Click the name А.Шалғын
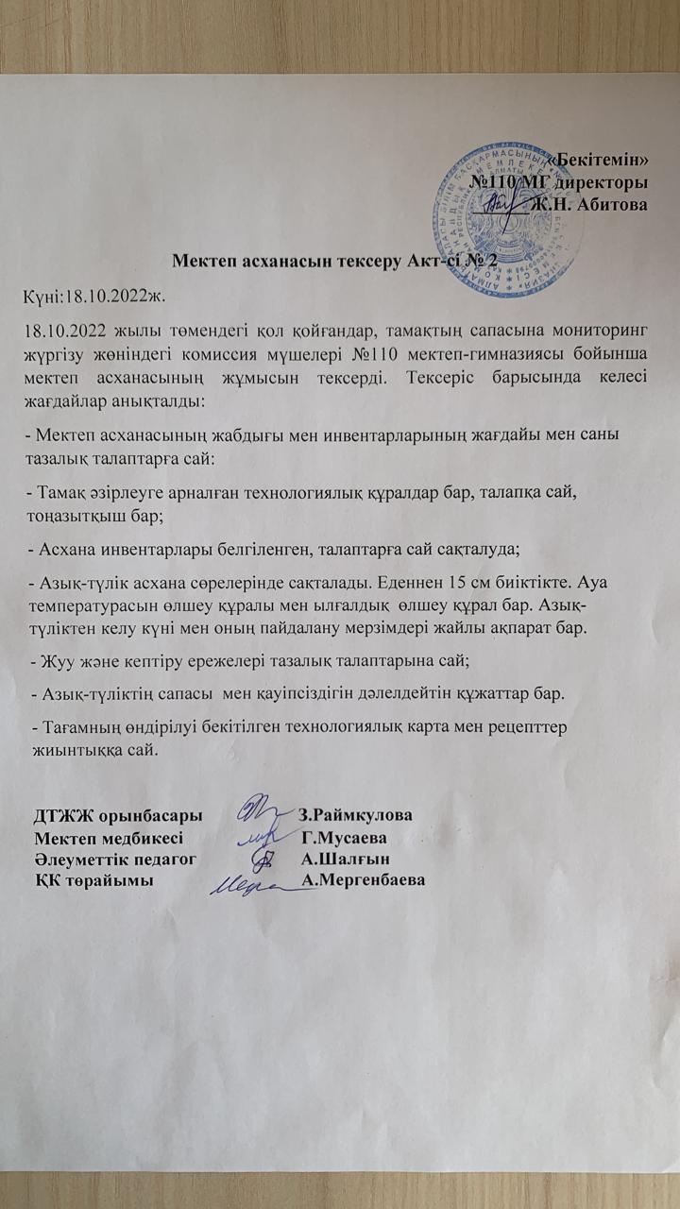coord(345,859)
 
